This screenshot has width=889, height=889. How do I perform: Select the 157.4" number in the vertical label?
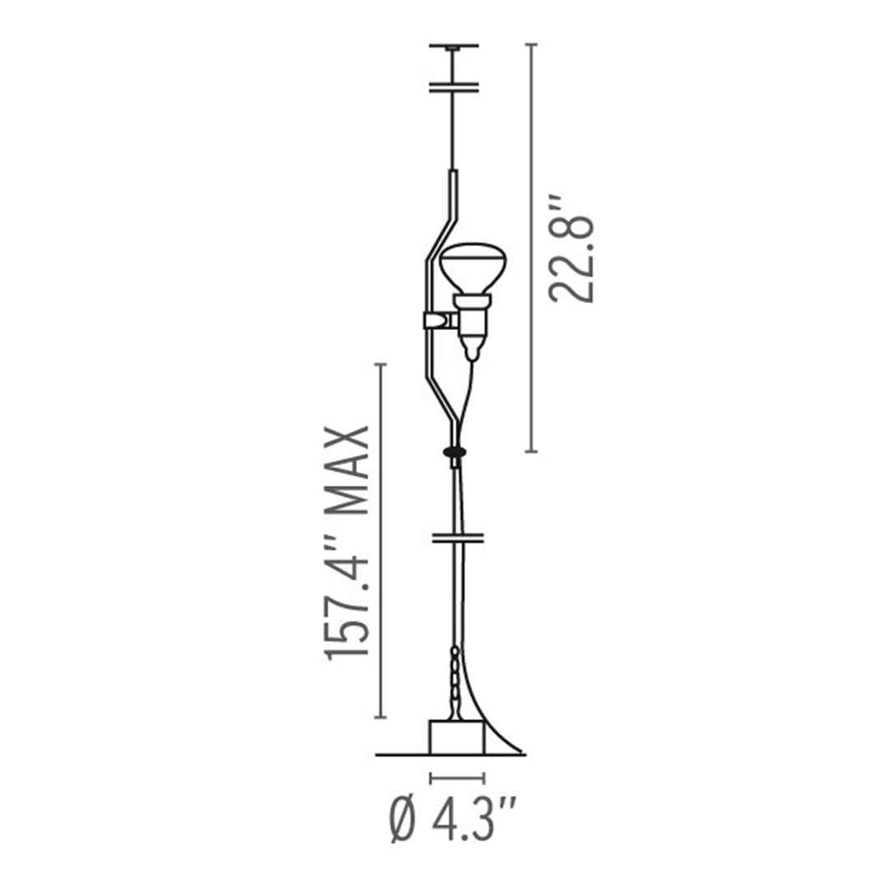[348, 603]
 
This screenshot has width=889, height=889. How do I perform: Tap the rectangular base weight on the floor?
[457, 738]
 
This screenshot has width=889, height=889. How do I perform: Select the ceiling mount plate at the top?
[454, 45]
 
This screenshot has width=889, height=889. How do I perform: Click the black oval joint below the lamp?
[454, 451]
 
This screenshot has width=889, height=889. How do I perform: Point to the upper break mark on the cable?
[454, 87]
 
